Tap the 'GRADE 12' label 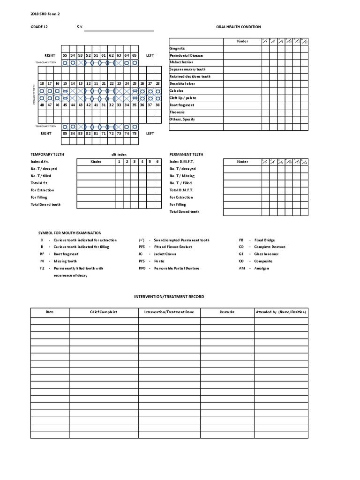39,27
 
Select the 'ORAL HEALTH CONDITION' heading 239,27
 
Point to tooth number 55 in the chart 65,55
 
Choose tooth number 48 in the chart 42,105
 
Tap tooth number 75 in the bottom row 135,134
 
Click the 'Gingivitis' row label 178,48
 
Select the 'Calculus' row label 177,91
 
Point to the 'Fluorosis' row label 177,112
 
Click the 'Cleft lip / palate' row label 183,98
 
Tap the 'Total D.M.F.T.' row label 181,190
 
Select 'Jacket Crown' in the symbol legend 164,254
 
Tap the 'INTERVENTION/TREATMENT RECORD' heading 169,297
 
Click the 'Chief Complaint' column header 104,312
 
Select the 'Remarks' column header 226,312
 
